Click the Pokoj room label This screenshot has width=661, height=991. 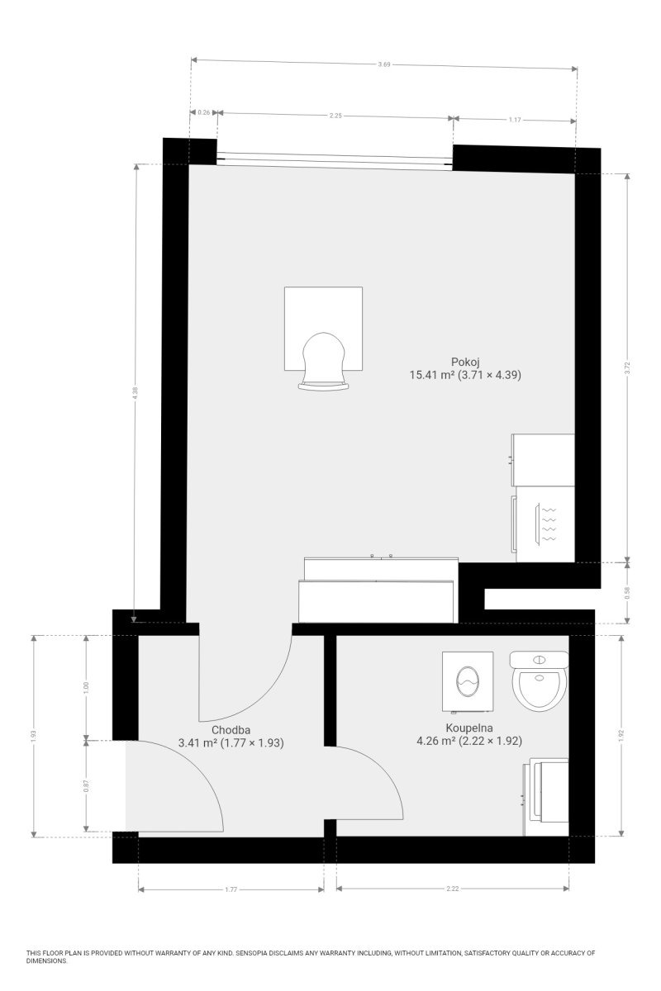pyautogui.click(x=465, y=362)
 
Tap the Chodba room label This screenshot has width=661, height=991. pyautogui.click(x=231, y=729)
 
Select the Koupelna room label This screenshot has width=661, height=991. pyautogui.click(x=468, y=728)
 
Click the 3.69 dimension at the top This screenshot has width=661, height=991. pyautogui.click(x=384, y=64)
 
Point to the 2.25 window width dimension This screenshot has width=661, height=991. pyautogui.click(x=335, y=116)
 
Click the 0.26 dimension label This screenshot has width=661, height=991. pyautogui.click(x=203, y=112)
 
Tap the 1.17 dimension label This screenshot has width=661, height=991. pyautogui.click(x=515, y=120)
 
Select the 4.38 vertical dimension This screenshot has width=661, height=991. pyautogui.click(x=135, y=393)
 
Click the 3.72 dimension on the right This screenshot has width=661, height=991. pyautogui.click(x=626, y=367)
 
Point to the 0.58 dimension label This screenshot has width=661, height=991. pyautogui.click(x=626, y=593)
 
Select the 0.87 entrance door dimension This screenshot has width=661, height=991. pyautogui.click(x=86, y=785)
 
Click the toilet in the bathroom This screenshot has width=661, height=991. pyautogui.click(x=539, y=680)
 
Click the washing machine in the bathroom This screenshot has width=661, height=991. pyautogui.click(x=468, y=682)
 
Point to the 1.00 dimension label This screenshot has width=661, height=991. pyautogui.click(x=86, y=687)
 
